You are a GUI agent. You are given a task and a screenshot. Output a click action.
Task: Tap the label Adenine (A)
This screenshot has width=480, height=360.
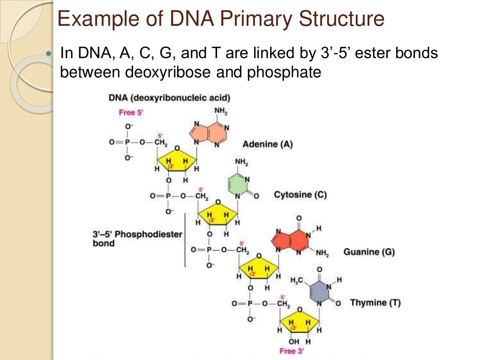pyautogui.click(x=267, y=144)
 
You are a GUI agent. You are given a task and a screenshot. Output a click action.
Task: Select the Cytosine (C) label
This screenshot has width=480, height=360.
pyautogui.click(x=300, y=195)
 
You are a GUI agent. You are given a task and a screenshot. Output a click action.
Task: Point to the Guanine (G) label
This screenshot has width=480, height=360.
pyautogui.click(x=369, y=252)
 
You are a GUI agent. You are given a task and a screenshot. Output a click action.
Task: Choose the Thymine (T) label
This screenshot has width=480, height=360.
pyautogui.click(x=375, y=303)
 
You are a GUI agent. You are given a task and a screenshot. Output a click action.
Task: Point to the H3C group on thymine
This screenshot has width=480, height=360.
pyautogui.click(x=297, y=280)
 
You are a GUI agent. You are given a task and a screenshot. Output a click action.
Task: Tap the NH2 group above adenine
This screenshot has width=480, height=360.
pyautogui.click(x=221, y=111)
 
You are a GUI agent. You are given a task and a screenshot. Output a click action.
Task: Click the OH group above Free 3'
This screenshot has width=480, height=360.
pyautogui.click(x=294, y=341)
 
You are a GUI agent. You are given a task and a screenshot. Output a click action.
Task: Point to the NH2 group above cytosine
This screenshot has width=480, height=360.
pyautogui.click(x=241, y=163)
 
